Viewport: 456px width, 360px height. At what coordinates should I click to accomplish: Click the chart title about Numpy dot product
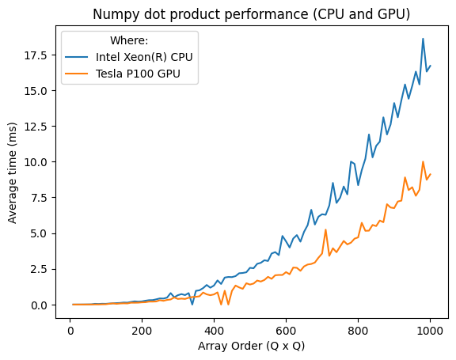pos(251,14)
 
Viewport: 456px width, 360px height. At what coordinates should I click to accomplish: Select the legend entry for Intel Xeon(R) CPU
pos(143,58)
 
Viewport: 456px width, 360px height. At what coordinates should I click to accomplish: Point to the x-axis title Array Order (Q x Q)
pos(250,346)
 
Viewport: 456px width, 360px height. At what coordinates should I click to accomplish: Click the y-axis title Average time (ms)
pos(13,172)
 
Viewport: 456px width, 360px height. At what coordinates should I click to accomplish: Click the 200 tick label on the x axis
pos(142,329)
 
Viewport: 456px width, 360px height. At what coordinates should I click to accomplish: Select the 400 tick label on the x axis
pos(215,329)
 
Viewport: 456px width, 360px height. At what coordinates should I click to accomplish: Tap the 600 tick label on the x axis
pos(287,329)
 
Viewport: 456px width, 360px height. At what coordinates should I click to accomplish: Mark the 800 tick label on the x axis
pos(359,329)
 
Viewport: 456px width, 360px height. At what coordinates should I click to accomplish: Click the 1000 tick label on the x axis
pos(431,329)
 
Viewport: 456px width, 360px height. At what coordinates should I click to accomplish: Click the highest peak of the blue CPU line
pos(423,39)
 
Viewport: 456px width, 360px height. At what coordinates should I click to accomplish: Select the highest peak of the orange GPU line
pos(423,161)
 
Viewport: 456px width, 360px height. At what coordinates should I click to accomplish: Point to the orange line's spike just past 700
pos(325,229)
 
